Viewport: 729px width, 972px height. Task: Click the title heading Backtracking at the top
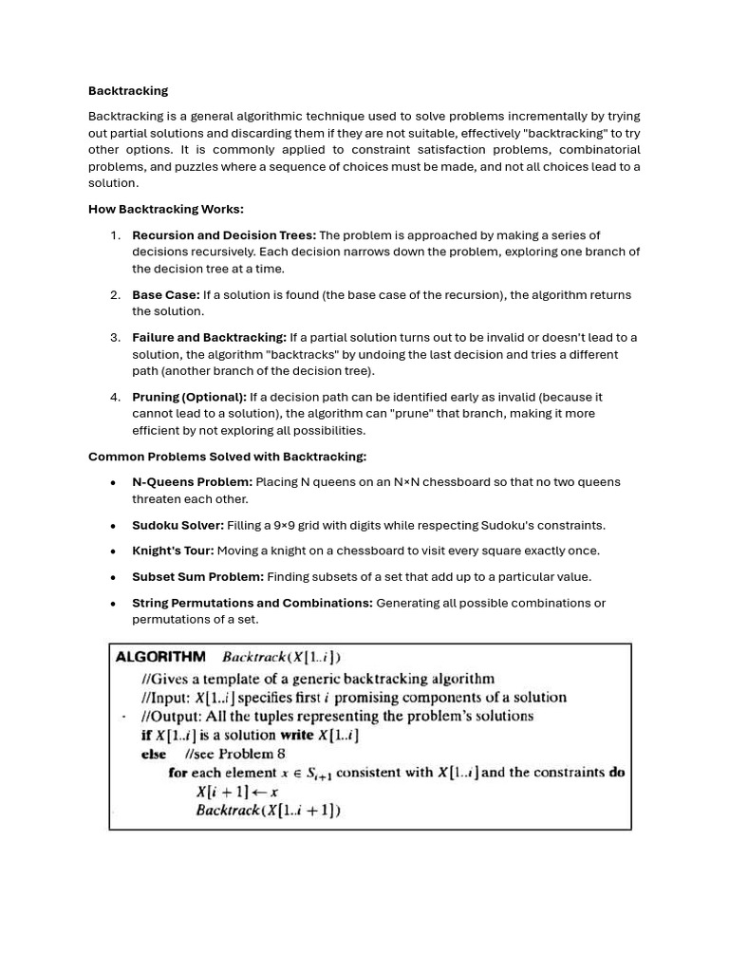click(x=128, y=91)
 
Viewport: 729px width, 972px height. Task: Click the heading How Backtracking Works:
click(x=166, y=209)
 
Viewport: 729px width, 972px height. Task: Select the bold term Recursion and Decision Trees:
click(x=224, y=235)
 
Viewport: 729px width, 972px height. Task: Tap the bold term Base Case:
click(x=166, y=295)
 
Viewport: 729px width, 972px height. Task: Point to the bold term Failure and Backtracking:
click(x=209, y=338)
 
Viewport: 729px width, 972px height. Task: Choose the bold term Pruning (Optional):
click(x=189, y=397)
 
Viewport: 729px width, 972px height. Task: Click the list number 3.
click(x=115, y=338)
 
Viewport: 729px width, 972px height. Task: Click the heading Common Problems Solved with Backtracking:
click(x=227, y=457)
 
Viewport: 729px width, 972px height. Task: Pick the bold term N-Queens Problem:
click(x=192, y=482)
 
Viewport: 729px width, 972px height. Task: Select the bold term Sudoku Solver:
click(x=178, y=526)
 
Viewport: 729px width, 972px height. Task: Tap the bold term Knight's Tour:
click(x=173, y=551)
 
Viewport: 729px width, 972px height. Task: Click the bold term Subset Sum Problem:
click(x=197, y=577)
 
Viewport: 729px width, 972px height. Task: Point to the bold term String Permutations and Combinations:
click(x=252, y=603)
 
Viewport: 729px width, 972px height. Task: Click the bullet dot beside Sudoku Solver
click(x=113, y=526)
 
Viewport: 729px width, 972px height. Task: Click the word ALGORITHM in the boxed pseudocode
click(x=160, y=656)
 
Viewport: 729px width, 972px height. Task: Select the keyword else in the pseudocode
click(x=154, y=755)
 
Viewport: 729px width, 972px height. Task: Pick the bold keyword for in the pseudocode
click(x=178, y=773)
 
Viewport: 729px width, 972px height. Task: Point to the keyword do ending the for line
click(x=616, y=773)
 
